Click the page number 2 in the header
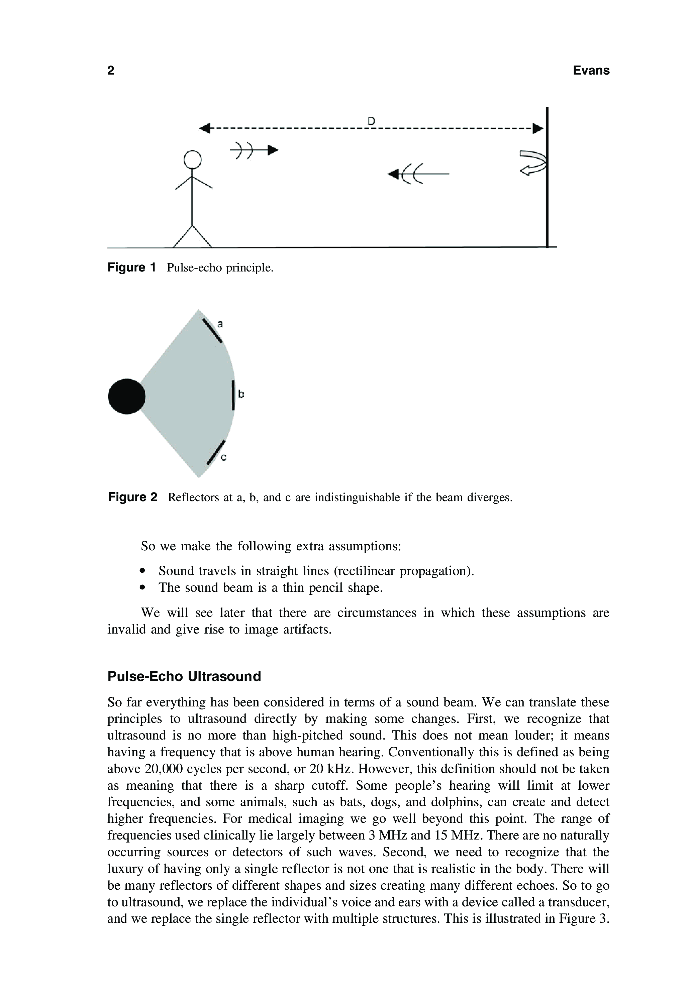111,71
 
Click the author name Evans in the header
591,71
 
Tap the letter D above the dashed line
371,121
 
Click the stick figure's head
192,159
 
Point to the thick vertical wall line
547,177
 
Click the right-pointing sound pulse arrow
254,150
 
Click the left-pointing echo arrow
418,174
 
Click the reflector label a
220,324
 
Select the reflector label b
241,394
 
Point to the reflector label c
223,457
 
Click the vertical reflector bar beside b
233,395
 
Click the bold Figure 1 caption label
131,267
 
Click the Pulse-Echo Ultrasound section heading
184,676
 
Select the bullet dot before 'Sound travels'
143,571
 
